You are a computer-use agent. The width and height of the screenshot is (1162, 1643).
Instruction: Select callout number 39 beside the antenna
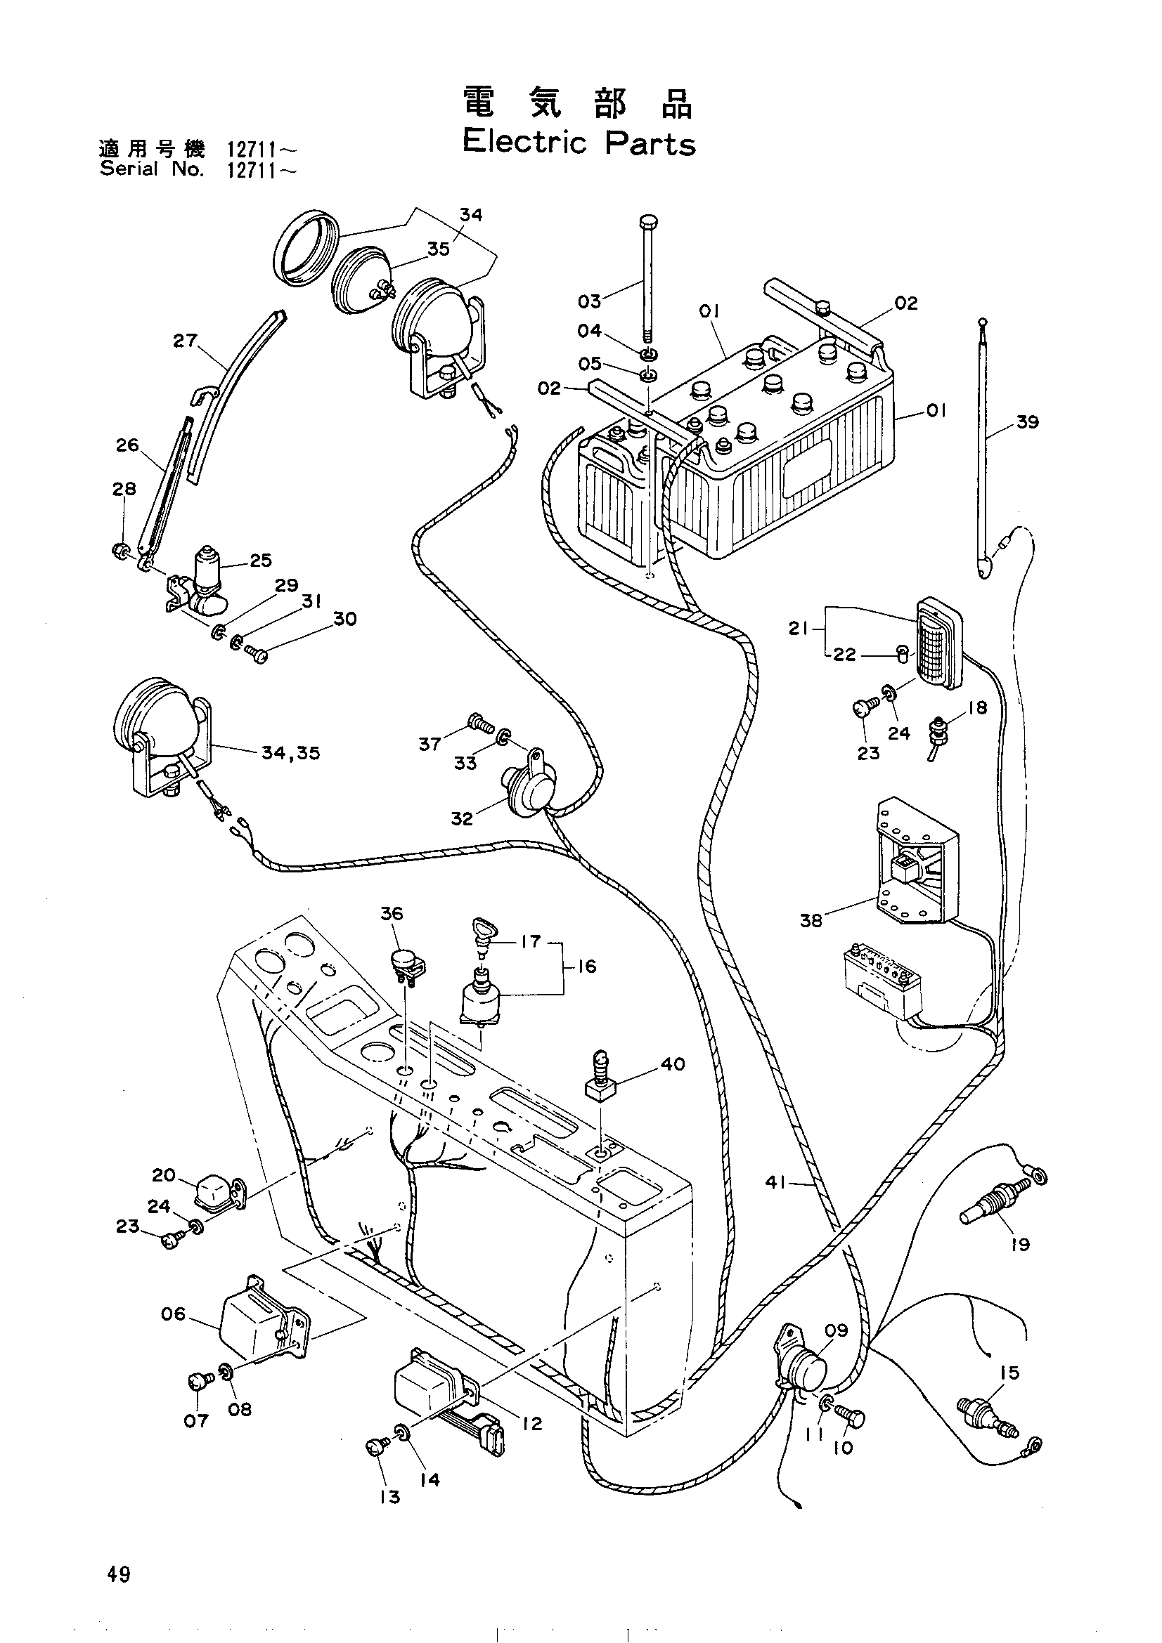click(x=1027, y=422)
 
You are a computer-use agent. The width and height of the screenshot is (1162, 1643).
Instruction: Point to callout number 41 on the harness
click(x=776, y=1183)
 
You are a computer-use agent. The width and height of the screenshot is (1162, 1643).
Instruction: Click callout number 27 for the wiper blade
click(x=185, y=341)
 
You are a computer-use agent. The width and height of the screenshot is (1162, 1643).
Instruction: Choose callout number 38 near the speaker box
click(x=811, y=920)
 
